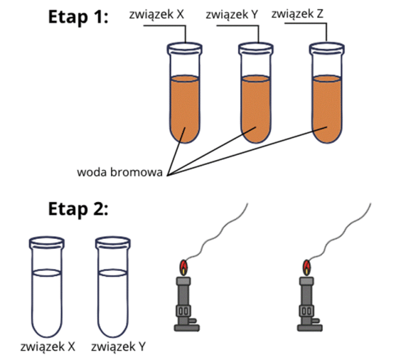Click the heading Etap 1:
(x=78, y=17)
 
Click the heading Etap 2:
(x=78, y=209)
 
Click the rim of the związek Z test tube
(x=327, y=46)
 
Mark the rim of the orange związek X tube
(x=184, y=46)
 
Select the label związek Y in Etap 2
(x=118, y=346)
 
